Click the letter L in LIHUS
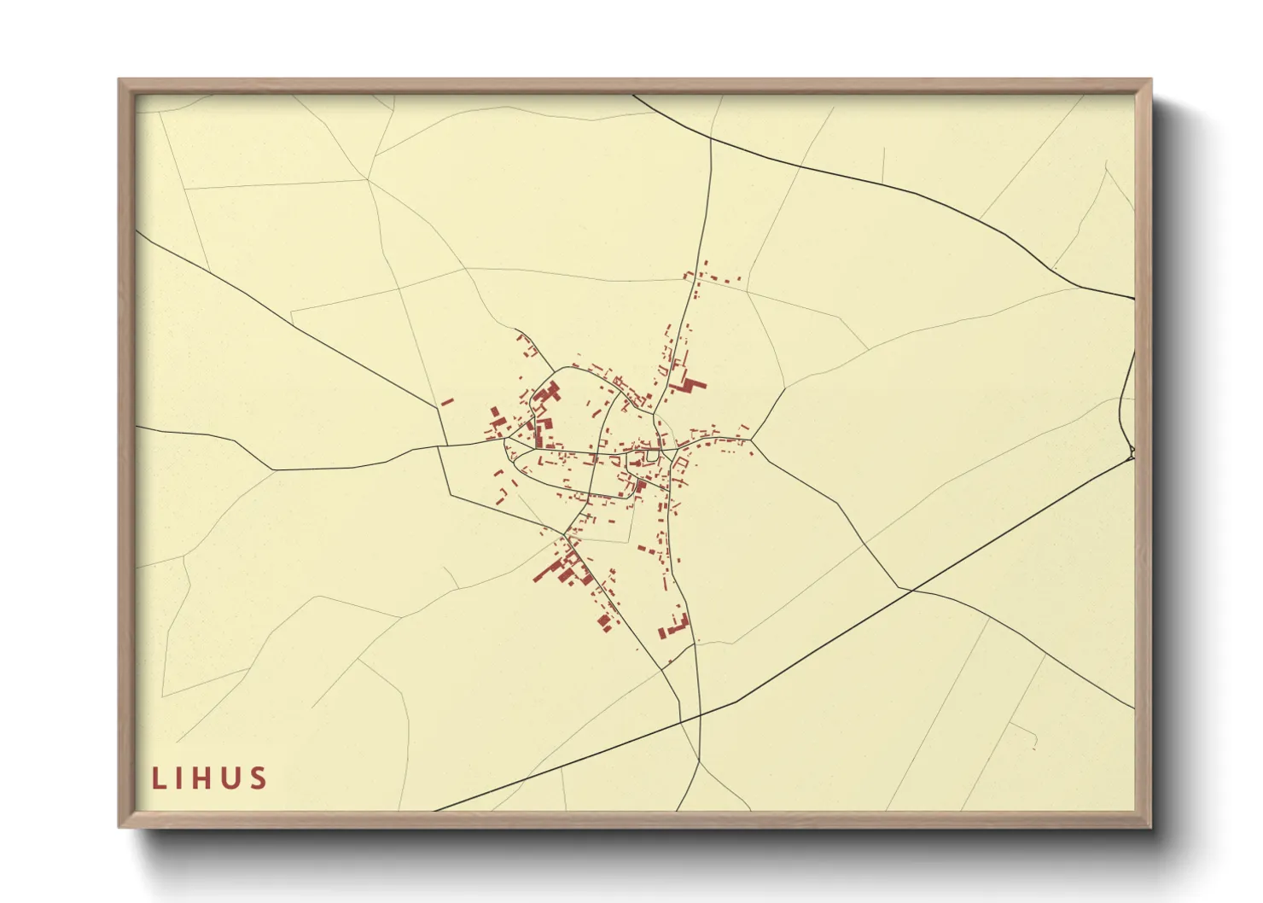click(158, 778)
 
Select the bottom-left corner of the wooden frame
click(120, 825)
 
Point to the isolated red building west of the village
click(447, 401)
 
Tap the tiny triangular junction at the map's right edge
click(1132, 451)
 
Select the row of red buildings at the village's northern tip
click(712, 278)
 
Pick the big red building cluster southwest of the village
click(563, 568)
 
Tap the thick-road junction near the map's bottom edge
click(700, 714)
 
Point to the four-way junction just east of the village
click(751, 440)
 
